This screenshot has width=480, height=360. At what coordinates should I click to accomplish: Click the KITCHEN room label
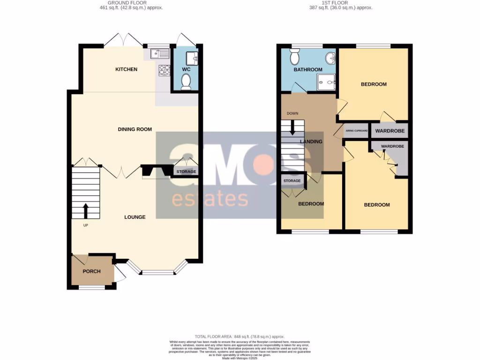pyautogui.click(x=127, y=69)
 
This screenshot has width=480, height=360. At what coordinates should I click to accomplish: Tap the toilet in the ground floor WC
pyautogui.click(x=186, y=82)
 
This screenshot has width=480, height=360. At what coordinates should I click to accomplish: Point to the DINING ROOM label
pyautogui.click(x=135, y=129)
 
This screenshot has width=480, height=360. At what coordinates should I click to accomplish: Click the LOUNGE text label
pyautogui.click(x=135, y=217)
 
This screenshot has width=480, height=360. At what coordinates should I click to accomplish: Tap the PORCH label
pyautogui.click(x=92, y=271)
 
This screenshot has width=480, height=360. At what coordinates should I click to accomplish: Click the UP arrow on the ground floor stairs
pyautogui.click(x=86, y=210)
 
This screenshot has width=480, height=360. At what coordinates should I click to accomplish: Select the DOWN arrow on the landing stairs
pyautogui.click(x=292, y=126)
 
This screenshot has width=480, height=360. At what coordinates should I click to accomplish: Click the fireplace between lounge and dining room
pyautogui.click(x=157, y=172)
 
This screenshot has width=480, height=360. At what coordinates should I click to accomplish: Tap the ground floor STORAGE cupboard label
pyautogui.click(x=186, y=172)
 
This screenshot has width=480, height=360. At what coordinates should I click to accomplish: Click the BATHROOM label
pyautogui.click(x=308, y=70)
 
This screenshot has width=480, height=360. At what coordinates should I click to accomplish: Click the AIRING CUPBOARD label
pyautogui.click(x=356, y=131)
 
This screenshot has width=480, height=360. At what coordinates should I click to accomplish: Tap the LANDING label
pyautogui.click(x=311, y=142)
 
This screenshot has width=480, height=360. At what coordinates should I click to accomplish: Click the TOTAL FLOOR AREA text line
pyautogui.click(x=240, y=337)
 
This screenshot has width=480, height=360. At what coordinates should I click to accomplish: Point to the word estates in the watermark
pyautogui.click(x=210, y=199)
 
